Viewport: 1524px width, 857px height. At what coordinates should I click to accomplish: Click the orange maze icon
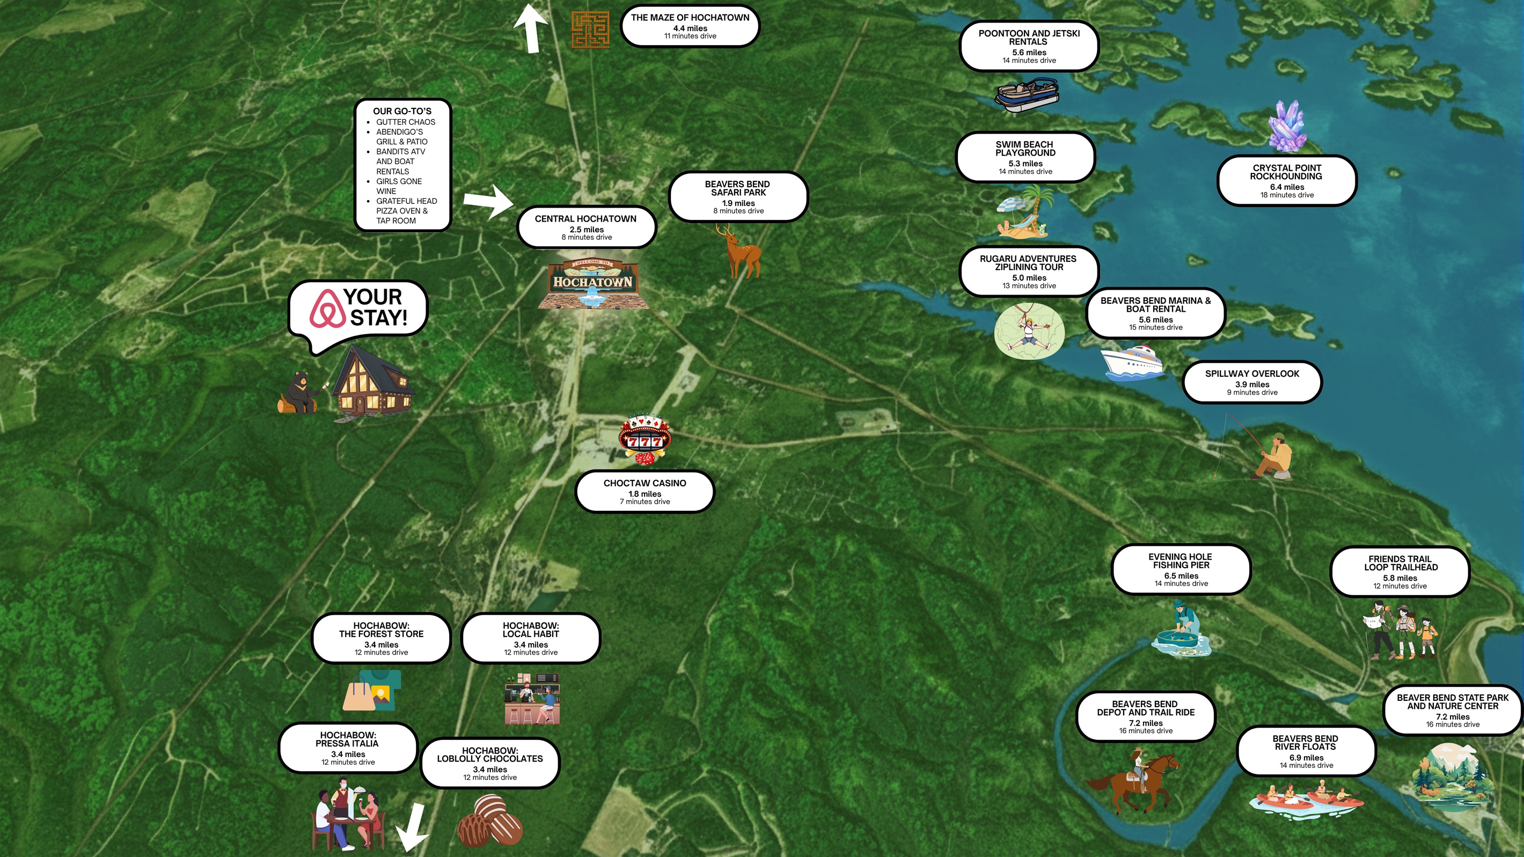pyautogui.click(x=590, y=29)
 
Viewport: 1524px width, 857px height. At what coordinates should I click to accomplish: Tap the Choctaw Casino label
pyautogui.click(x=645, y=492)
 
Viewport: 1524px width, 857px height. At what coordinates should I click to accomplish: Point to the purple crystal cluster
pyautogui.click(x=1287, y=126)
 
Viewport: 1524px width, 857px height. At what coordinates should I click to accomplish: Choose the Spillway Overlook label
pyautogui.click(x=1252, y=382)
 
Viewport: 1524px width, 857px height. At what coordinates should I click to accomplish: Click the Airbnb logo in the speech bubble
pyautogui.click(x=327, y=308)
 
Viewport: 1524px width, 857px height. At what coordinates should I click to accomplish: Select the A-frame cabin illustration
pyautogui.click(x=371, y=382)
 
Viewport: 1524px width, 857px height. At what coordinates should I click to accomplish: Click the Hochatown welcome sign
pyautogui.click(x=593, y=284)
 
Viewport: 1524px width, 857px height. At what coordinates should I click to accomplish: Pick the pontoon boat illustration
pyautogui.click(x=1027, y=95)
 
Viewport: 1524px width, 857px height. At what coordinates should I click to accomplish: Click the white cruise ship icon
pyautogui.click(x=1132, y=363)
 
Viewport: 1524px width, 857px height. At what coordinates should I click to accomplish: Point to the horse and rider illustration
pyautogui.click(x=1133, y=779)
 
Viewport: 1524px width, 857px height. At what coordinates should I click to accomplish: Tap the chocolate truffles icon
pyautogui.click(x=490, y=821)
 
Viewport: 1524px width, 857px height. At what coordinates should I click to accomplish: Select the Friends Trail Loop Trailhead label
pyautogui.click(x=1400, y=572)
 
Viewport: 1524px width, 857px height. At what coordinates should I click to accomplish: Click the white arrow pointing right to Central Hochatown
pyautogui.click(x=488, y=201)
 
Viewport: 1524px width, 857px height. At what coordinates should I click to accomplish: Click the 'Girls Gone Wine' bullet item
pyautogui.click(x=399, y=186)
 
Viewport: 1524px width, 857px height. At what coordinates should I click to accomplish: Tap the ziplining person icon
pyautogui.click(x=1029, y=332)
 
